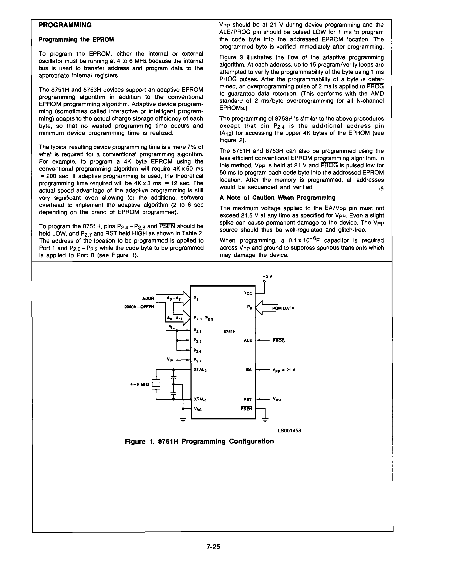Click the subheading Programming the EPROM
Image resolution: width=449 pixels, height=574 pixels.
[x=76, y=40]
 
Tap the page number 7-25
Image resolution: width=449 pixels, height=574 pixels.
[x=213, y=547]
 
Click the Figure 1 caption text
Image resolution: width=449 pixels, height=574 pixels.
[x=199, y=441]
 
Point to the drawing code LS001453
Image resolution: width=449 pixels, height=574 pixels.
[x=289, y=431]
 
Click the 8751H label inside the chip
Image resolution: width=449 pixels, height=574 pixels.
[x=229, y=332]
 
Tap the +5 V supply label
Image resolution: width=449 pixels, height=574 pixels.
[x=267, y=276]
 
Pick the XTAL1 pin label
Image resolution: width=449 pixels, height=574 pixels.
[x=200, y=399]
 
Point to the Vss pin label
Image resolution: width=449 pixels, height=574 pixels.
[x=198, y=409]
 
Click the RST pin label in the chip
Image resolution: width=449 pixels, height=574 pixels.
[x=247, y=399]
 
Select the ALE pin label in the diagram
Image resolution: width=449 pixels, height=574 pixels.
[x=248, y=340]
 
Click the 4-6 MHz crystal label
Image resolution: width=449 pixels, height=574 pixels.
[x=140, y=385]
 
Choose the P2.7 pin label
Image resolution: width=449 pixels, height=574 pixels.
[x=198, y=361]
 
